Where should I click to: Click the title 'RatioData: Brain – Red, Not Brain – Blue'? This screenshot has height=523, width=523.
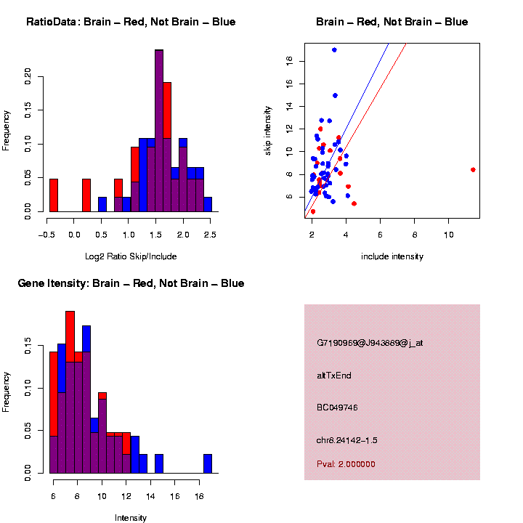coord(131,22)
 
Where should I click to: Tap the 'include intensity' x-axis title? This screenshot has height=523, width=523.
coord(392,256)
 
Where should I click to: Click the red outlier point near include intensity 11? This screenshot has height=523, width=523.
coord(473,169)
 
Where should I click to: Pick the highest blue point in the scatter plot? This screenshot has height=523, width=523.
coord(334,50)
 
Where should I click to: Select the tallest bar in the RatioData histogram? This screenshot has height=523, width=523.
coord(159,131)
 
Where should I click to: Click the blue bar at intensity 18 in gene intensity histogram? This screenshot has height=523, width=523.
coord(208,463)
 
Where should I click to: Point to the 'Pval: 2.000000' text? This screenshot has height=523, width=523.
coord(346,464)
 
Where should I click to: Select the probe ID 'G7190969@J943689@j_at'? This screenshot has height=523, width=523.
coord(370,343)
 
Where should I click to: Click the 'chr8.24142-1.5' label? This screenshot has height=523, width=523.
coord(347,440)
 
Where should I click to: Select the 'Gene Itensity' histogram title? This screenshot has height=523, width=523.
coord(131,283)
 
